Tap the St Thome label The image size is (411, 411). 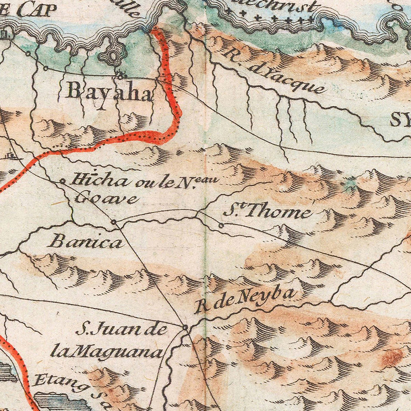268,212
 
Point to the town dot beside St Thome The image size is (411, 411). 221,225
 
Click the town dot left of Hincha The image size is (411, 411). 63,181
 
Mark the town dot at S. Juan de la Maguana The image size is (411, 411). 185,327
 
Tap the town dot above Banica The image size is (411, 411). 114,222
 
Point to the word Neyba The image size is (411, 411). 269,296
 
